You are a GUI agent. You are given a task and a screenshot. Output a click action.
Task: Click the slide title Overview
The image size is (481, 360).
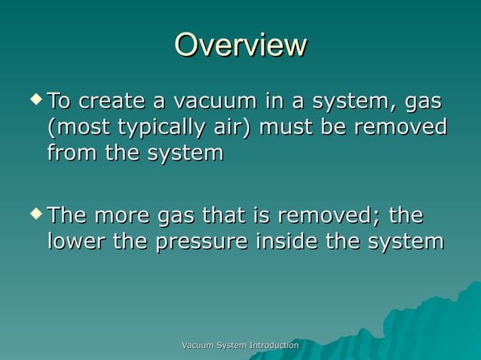pyautogui.click(x=240, y=45)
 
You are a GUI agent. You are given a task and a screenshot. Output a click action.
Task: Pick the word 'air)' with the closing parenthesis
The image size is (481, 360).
pyautogui.click(x=229, y=127)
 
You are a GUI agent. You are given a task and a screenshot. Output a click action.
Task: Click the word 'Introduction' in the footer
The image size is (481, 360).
pyautogui.click(x=271, y=345)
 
